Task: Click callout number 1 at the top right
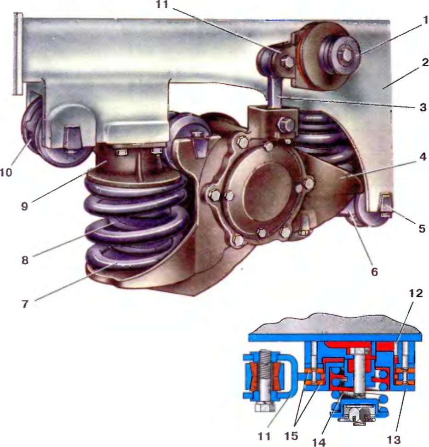(425, 20)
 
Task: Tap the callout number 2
(425, 63)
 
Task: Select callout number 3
(423, 107)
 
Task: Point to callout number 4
(423, 157)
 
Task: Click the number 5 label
(422, 228)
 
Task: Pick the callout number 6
(375, 272)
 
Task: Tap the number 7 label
(25, 304)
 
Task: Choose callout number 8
(25, 260)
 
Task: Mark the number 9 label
(24, 206)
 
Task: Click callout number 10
(6, 172)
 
